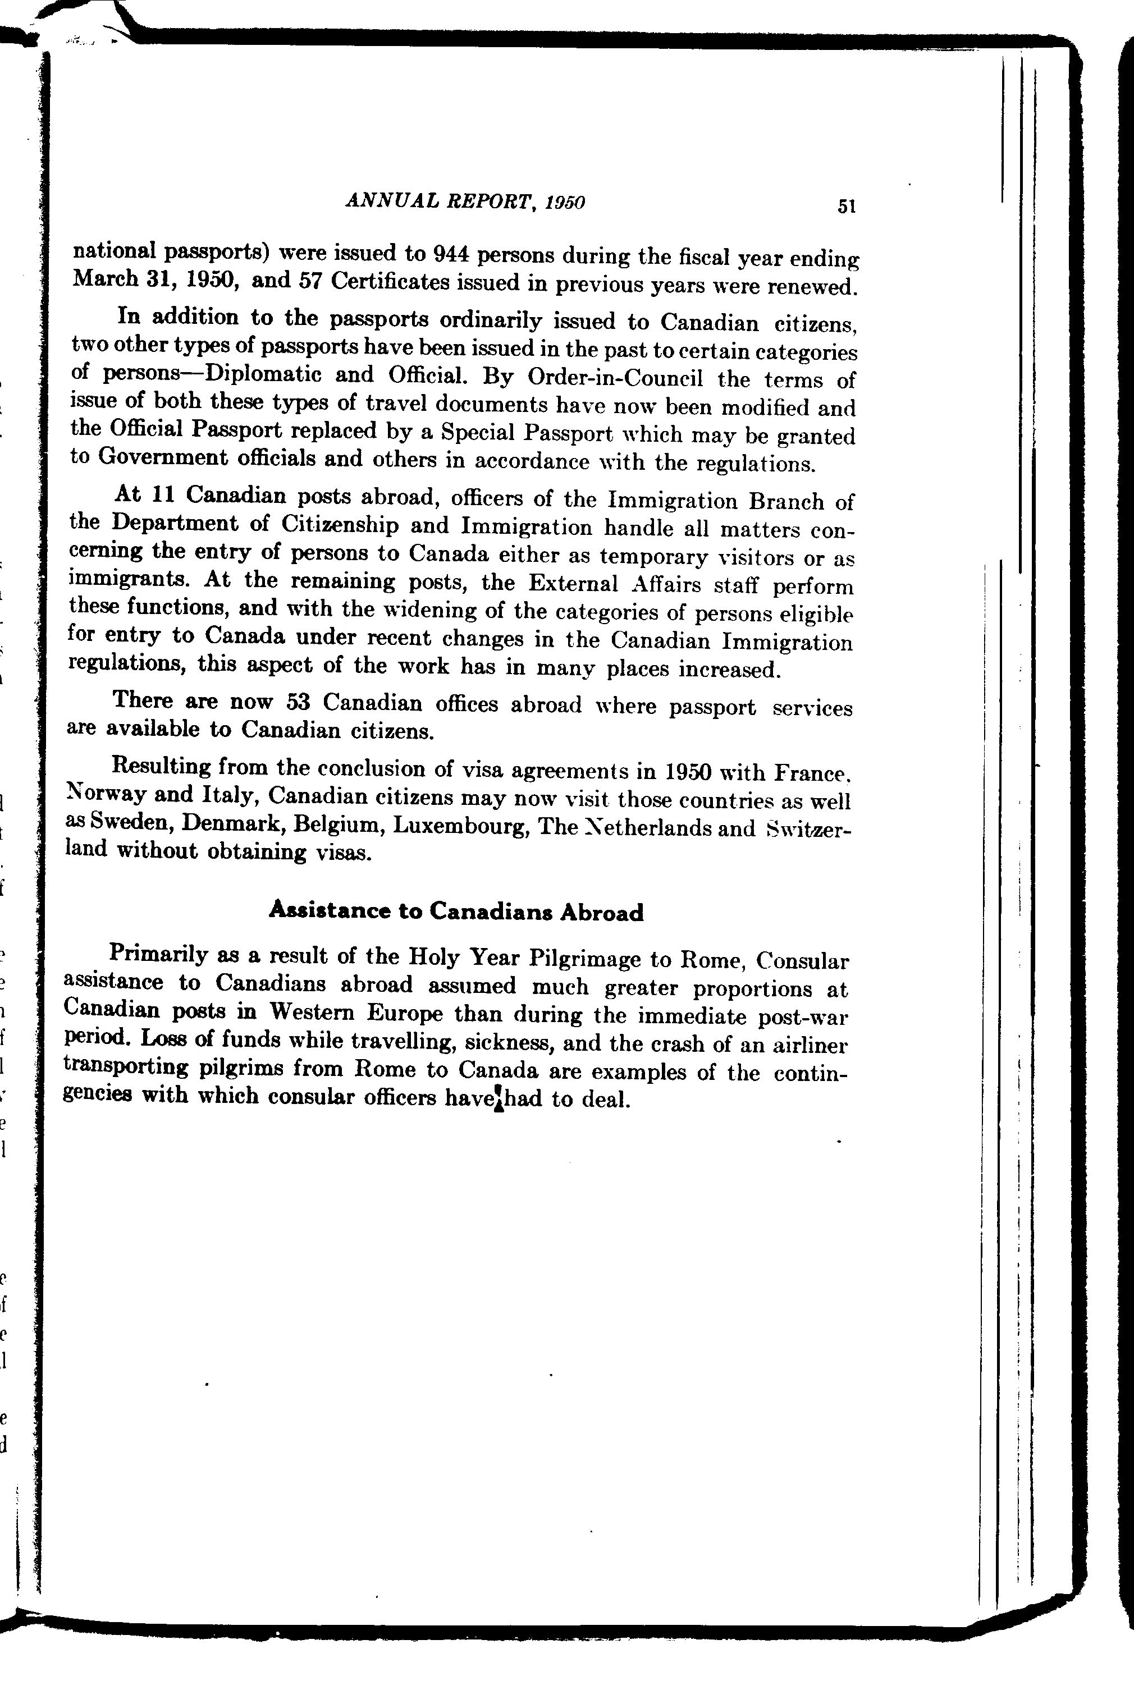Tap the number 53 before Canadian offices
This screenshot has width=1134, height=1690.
pyautogui.click(x=298, y=702)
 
